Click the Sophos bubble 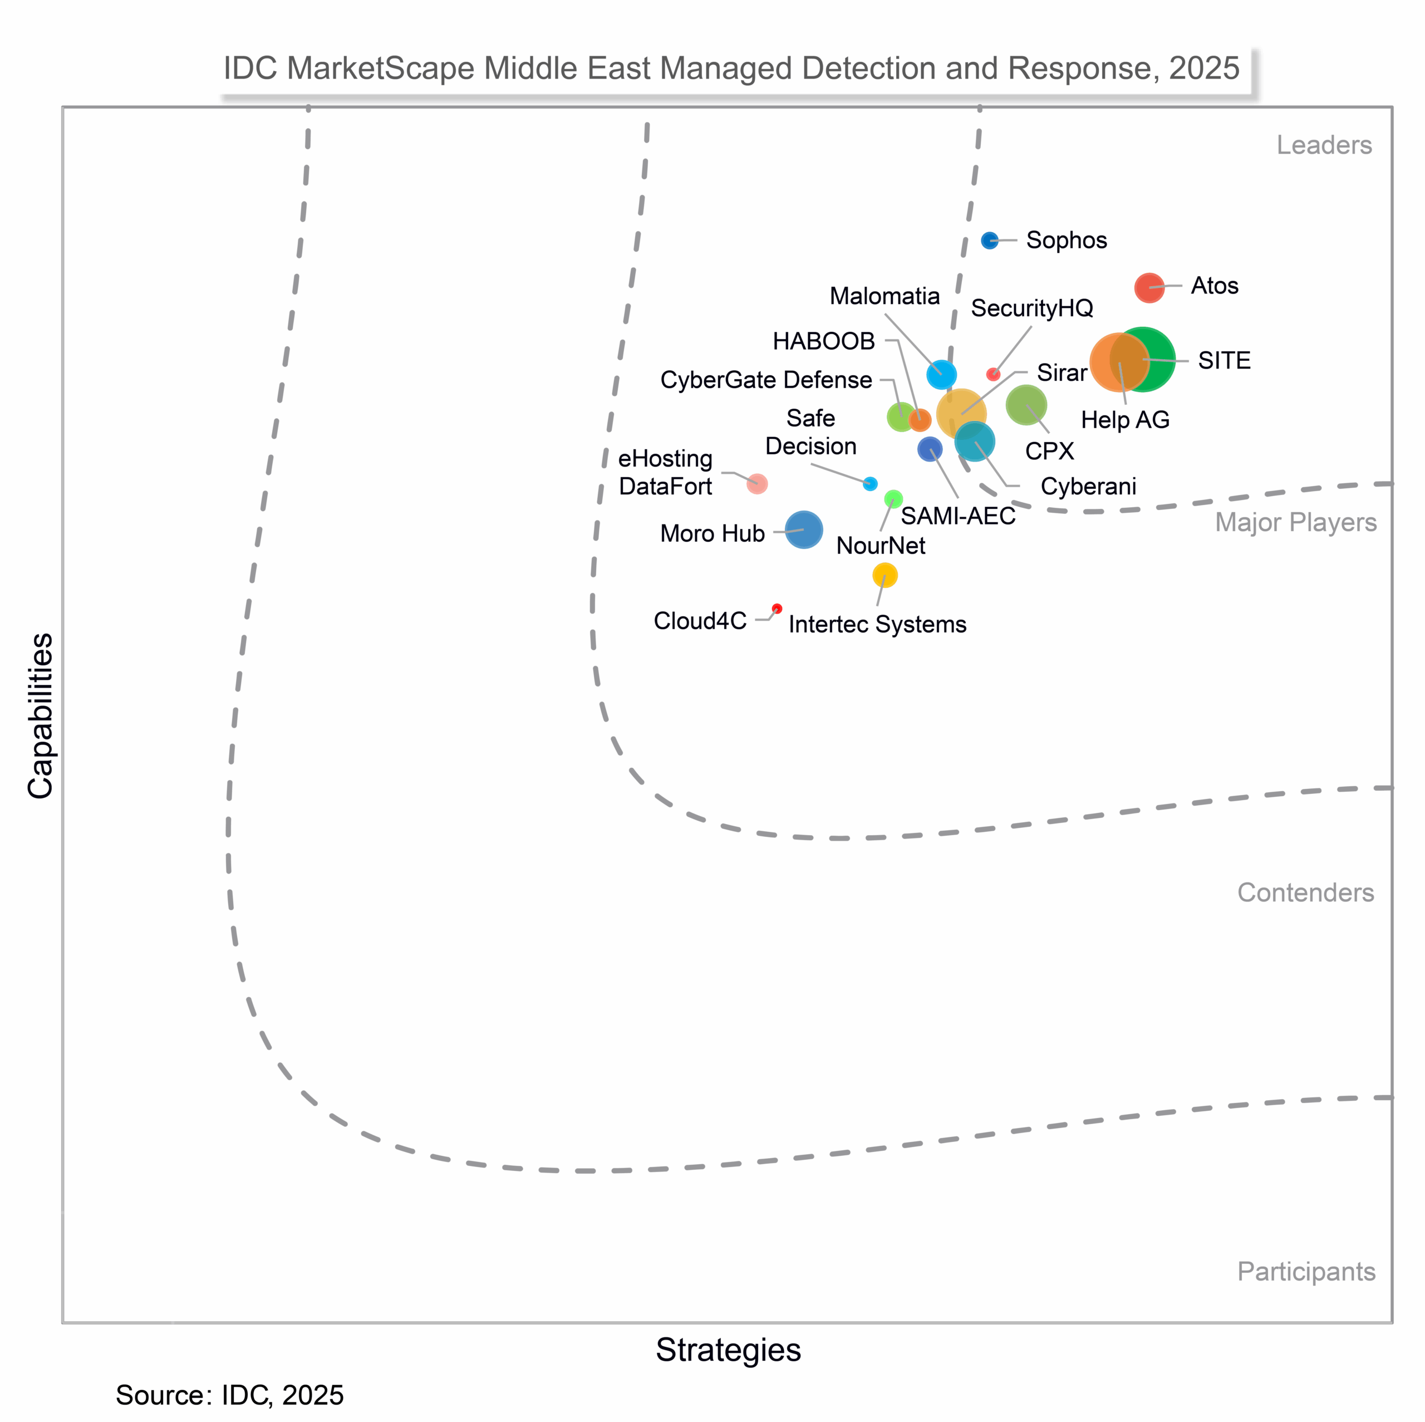(x=989, y=241)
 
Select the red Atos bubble (x=1148, y=287)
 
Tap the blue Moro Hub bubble (x=803, y=530)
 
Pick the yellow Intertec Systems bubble (x=885, y=575)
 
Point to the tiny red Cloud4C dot (x=777, y=609)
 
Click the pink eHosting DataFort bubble (x=757, y=484)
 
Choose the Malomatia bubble (x=941, y=375)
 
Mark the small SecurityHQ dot (x=994, y=374)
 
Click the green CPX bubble (x=1026, y=404)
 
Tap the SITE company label (x=1223, y=361)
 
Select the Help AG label (x=1125, y=420)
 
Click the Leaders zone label (x=1324, y=145)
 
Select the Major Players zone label (x=1295, y=522)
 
